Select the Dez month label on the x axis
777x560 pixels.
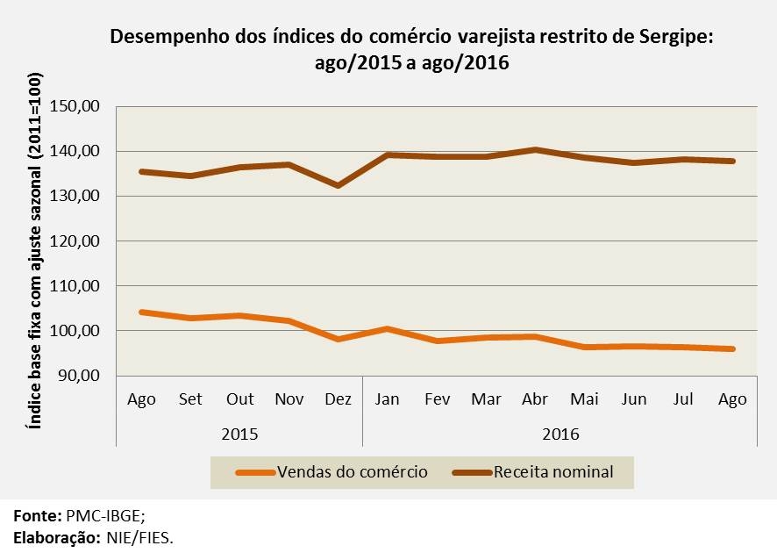coord(338,399)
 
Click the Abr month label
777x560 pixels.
coord(534,399)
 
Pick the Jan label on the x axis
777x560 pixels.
coord(387,399)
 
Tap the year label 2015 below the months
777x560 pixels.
coord(239,434)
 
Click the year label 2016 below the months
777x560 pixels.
coord(560,434)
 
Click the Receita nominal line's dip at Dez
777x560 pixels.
coord(338,185)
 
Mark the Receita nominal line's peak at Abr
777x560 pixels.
coord(534,150)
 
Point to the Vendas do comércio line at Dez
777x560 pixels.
coord(338,339)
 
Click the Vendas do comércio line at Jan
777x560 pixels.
coord(387,329)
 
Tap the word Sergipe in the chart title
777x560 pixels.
coord(668,38)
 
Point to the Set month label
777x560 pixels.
coord(190,399)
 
